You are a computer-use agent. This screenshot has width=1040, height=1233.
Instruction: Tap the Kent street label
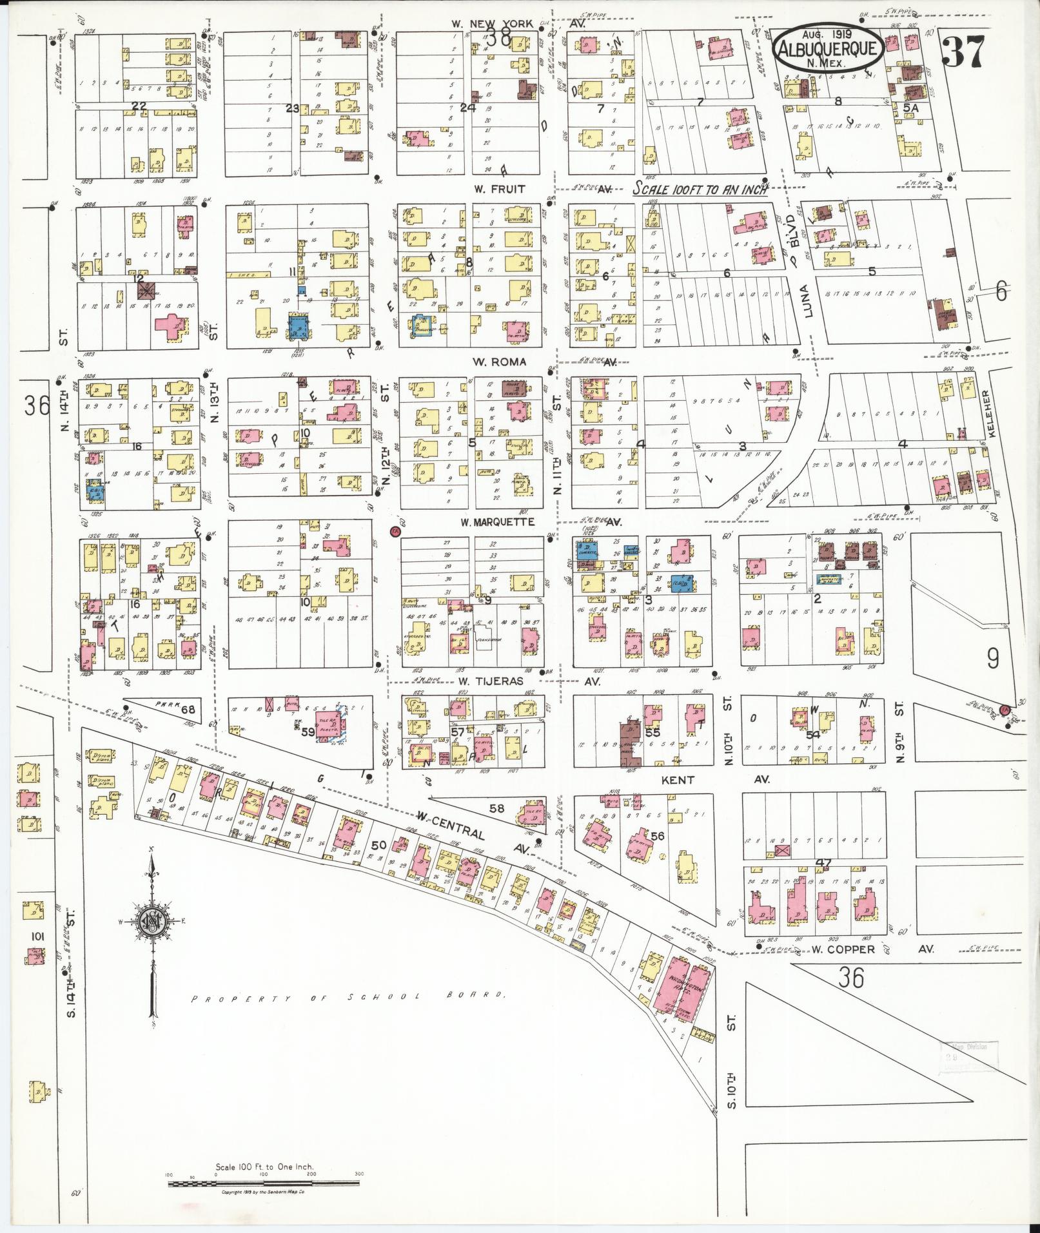click(678, 780)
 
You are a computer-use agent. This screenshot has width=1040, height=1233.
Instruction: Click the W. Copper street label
click(843, 949)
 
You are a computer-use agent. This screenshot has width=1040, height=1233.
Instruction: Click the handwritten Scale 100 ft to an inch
click(700, 189)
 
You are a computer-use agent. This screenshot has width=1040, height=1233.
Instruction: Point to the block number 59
click(308, 732)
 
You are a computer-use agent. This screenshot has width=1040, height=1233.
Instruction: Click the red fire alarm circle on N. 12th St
click(396, 532)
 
